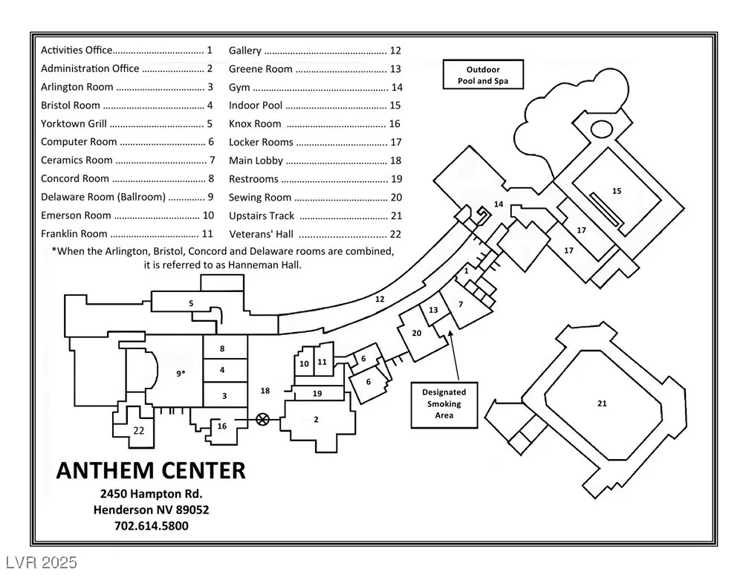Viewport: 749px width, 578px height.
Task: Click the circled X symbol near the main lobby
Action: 262,420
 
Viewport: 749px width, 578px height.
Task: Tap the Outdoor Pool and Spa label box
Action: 483,74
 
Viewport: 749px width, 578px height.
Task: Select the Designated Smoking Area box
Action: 444,405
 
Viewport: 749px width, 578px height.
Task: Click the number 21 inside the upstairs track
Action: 602,403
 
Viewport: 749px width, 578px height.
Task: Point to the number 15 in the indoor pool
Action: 617,191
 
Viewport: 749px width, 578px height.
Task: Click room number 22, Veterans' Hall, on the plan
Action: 138,430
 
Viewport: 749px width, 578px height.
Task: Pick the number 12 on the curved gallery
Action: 380,299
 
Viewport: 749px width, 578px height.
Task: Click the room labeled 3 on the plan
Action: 225,394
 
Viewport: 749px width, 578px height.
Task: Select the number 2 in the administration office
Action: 316,420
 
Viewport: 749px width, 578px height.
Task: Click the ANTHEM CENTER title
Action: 151,470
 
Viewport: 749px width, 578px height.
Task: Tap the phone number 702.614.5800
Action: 152,526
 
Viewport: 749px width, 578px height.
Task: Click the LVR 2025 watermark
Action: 42,562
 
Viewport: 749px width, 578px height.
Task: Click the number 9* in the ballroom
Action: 181,373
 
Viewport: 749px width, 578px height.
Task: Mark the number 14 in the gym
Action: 498,204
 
